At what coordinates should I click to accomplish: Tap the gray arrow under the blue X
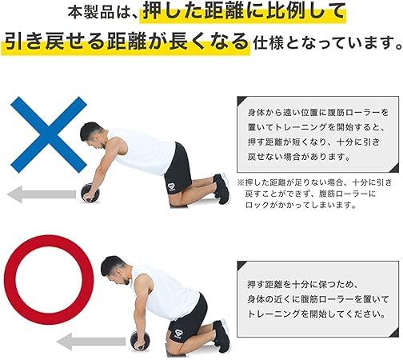click(x=41, y=193)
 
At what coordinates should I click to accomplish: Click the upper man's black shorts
click(x=179, y=167)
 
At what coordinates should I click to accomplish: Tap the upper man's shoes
click(x=221, y=189)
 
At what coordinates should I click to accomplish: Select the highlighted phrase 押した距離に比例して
click(x=245, y=13)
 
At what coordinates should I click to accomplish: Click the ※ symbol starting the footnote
click(x=241, y=182)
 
